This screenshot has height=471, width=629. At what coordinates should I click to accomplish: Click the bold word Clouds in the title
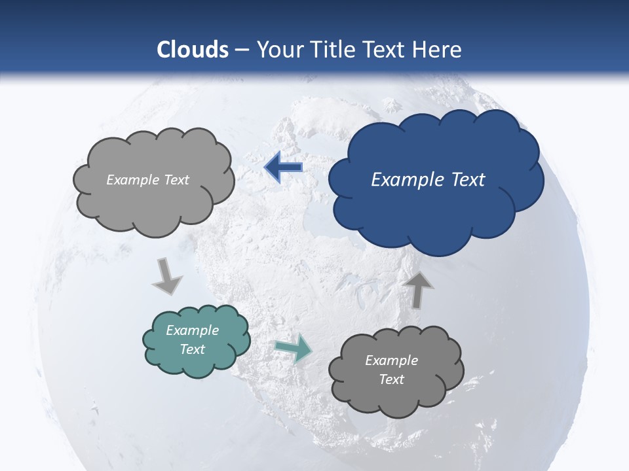tap(193, 50)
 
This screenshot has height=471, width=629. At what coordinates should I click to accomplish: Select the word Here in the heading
tap(439, 50)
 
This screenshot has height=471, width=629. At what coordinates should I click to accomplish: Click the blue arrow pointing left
tap(283, 167)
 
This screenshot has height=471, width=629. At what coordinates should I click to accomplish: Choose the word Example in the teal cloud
tap(193, 330)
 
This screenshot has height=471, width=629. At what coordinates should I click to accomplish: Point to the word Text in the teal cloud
tap(193, 349)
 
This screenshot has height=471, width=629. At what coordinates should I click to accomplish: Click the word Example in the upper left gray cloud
tap(132, 180)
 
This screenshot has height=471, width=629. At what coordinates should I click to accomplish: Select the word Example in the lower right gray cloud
tap(391, 360)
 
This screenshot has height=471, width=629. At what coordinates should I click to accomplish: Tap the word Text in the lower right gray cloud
tap(391, 379)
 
